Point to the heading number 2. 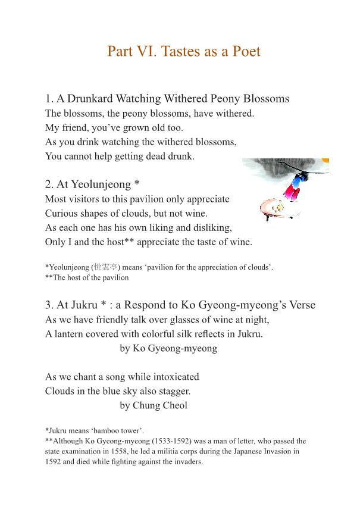click(48, 185)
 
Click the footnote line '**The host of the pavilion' click(87, 277)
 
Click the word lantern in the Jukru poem click(71, 334)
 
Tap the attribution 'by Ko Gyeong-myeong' click(168, 348)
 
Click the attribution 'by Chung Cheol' click(154, 405)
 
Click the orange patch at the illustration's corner click(325, 161)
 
